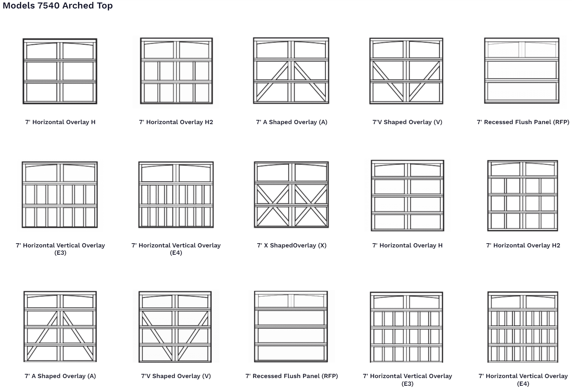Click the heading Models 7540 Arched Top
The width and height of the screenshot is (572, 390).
pyautogui.click(x=58, y=6)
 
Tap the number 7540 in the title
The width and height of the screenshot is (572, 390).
pyautogui.click(x=49, y=6)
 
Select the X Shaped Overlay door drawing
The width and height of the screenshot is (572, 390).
pyautogui.click(x=291, y=194)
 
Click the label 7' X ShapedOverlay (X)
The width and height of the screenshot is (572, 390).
pyautogui.click(x=292, y=245)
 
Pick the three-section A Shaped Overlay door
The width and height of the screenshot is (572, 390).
pyautogui.click(x=291, y=71)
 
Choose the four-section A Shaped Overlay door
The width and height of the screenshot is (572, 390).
pyautogui.click(x=60, y=326)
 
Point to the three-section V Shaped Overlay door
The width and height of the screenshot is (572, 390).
pyautogui.click(x=406, y=71)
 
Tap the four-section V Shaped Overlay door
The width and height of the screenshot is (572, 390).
pyautogui.click(x=175, y=326)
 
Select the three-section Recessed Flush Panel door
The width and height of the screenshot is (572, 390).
pyautogui.click(x=522, y=71)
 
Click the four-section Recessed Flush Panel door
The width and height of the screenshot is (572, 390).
pyautogui.click(x=291, y=326)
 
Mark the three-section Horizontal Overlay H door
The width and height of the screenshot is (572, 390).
pyautogui.click(x=60, y=71)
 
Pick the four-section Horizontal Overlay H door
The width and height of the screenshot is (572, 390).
pyautogui.click(x=407, y=195)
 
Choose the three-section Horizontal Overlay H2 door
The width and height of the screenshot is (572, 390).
pyautogui.click(x=176, y=71)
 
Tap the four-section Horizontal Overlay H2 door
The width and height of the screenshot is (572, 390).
pyautogui.click(x=523, y=195)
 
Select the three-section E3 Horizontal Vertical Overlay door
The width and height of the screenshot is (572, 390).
pyautogui.click(x=60, y=195)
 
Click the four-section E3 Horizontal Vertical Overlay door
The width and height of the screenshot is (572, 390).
pyautogui.click(x=407, y=327)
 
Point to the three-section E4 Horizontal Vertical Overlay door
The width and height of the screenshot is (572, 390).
pyautogui.click(x=176, y=195)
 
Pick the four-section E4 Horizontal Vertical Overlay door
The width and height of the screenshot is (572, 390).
pyautogui.click(x=523, y=327)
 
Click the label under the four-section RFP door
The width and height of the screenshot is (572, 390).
pyautogui.click(x=292, y=376)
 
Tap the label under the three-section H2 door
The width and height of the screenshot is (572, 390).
pyautogui.click(x=176, y=122)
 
